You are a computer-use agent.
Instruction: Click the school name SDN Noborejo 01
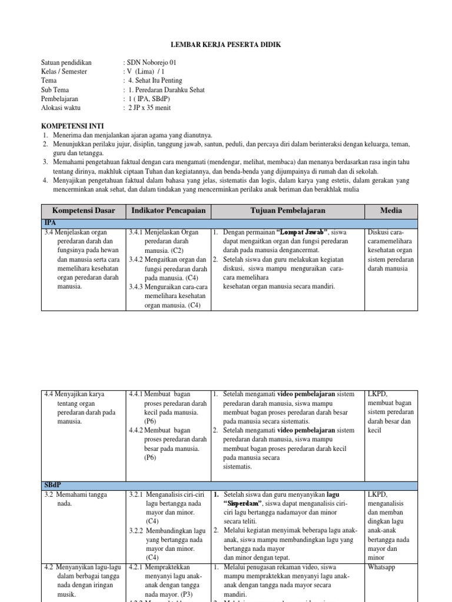(x=152, y=62)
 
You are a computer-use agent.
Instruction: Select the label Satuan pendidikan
(x=67, y=62)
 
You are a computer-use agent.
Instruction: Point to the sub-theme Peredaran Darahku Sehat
(x=168, y=90)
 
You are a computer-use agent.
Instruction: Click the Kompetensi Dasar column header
(x=84, y=210)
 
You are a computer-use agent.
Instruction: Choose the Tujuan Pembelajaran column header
(x=287, y=210)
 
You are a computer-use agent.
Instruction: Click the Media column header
(x=391, y=210)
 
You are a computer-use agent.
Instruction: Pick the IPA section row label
(x=50, y=223)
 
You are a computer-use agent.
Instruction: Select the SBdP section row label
(x=53, y=485)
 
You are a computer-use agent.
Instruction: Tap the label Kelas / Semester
(x=65, y=72)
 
